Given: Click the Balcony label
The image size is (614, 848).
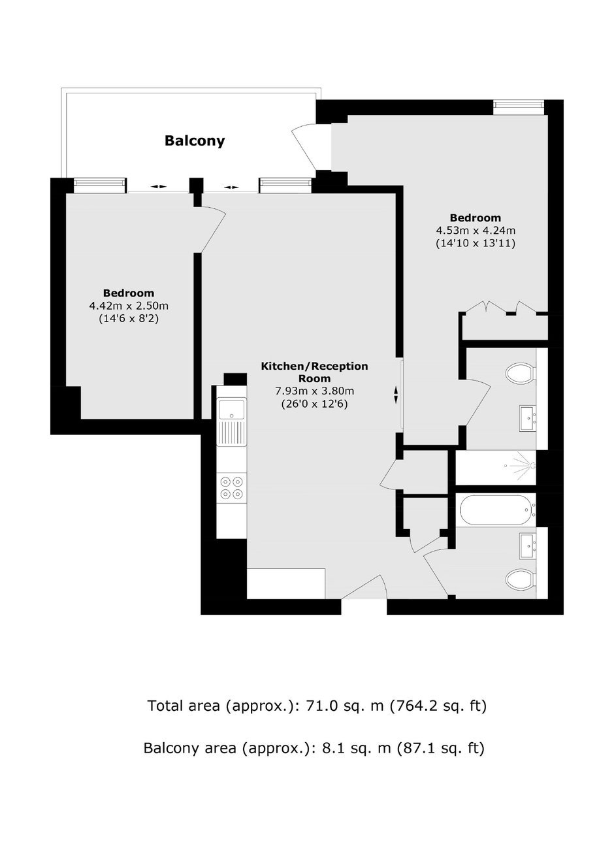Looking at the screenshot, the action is (x=195, y=141).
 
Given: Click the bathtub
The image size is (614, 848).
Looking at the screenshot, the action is (x=496, y=510).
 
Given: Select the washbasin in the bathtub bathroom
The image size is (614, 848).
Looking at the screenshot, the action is (x=528, y=546).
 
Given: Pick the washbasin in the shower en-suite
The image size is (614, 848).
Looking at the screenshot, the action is (x=528, y=418).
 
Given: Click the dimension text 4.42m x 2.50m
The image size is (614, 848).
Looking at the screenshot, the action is (x=129, y=306).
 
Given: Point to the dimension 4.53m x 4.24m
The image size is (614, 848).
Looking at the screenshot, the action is (x=476, y=231).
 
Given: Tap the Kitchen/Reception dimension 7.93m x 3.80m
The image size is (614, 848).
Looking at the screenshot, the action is (x=315, y=391).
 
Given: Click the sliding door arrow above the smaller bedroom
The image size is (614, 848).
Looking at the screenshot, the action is (x=158, y=186).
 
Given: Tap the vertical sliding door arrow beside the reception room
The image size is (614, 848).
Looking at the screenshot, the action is (x=396, y=395).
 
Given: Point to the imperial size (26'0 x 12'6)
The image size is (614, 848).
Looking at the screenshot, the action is (x=315, y=404).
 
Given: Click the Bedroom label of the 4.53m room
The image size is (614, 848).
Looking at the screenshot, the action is (x=476, y=218).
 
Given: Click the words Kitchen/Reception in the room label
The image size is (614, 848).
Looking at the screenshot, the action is (x=315, y=367).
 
